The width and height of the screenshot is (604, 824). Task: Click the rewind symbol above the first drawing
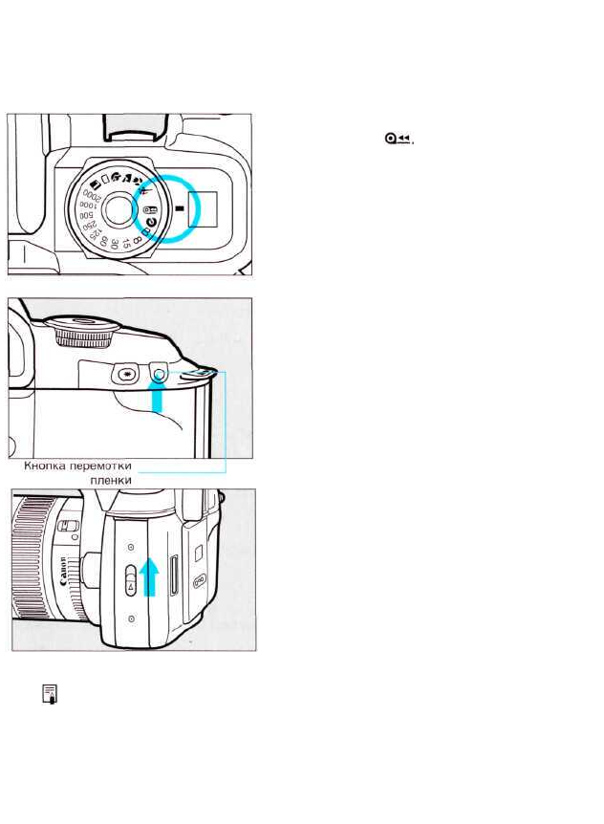click(399, 140)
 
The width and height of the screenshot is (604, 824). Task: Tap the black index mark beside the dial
click(176, 206)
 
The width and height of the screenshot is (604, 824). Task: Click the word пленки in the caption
click(109, 481)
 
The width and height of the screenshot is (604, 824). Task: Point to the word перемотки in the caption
click(98, 466)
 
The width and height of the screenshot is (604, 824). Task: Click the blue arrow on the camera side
click(148, 578)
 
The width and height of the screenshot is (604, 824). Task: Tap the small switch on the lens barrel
click(68, 527)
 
